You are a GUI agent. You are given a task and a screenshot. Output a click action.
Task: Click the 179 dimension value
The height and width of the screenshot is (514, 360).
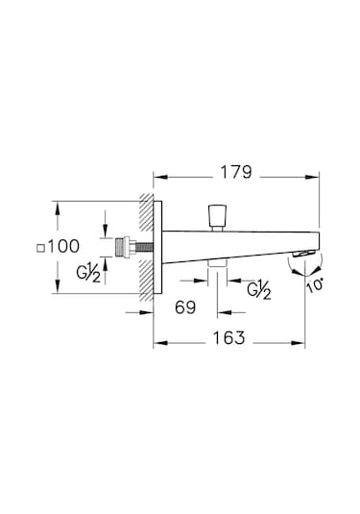tap(234, 173)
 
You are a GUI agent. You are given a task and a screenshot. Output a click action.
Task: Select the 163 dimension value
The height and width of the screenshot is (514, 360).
tap(228, 338)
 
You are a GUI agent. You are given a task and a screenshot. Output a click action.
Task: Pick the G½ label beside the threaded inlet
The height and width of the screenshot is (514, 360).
tap(89, 273)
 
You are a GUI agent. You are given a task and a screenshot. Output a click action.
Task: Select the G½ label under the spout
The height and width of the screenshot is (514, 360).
tap(257, 288)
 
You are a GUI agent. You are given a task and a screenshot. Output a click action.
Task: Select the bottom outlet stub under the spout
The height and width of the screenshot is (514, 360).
tap(218, 264)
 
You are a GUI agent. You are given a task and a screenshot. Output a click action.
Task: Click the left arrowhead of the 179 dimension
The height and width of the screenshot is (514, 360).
tap(159, 176)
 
